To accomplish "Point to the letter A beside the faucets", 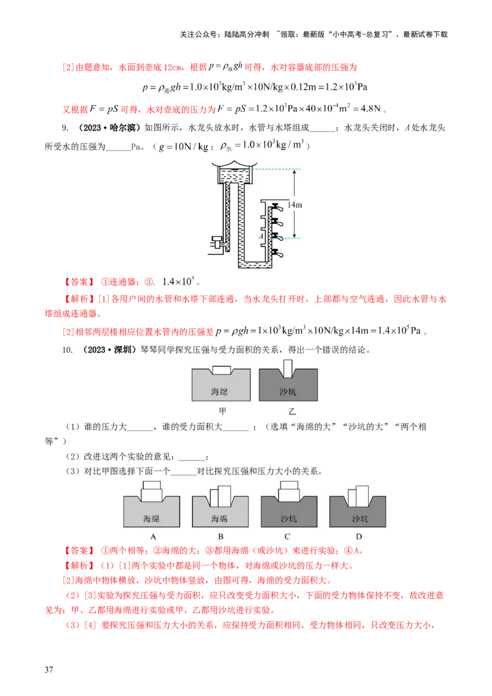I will click(x=261, y=235).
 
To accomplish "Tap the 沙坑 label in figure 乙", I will click(x=288, y=390).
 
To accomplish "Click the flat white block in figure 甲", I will click(x=221, y=370).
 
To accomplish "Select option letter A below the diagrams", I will click(x=151, y=536).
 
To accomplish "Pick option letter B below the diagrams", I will click(x=220, y=536).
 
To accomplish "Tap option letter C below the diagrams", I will click(x=288, y=536).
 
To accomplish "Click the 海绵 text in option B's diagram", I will click(x=220, y=518).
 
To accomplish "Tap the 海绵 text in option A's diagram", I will click(x=151, y=518).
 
